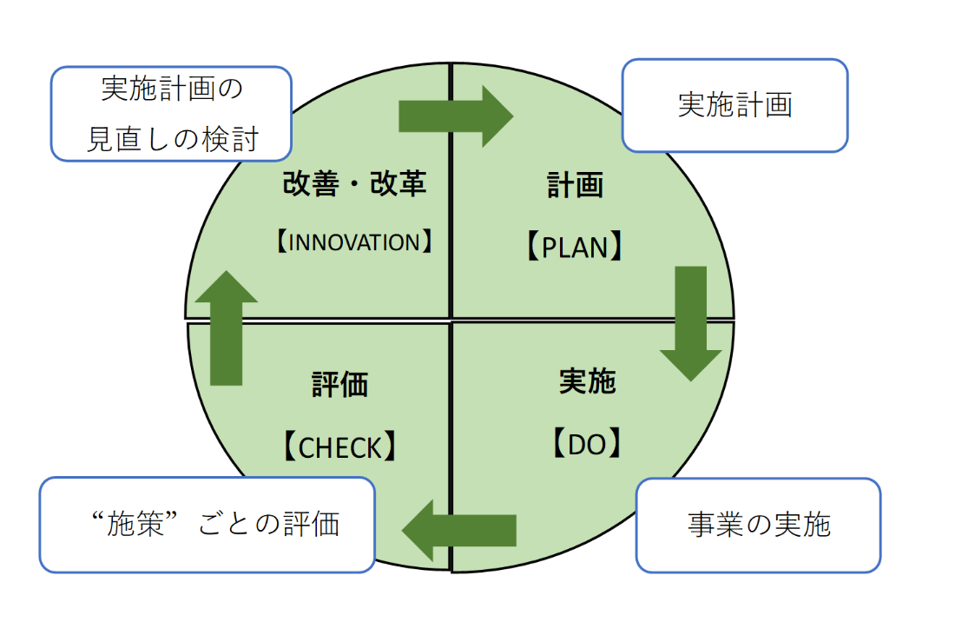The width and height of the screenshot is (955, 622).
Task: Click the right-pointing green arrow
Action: click(456, 116)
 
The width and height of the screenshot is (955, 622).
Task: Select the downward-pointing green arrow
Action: click(691, 323)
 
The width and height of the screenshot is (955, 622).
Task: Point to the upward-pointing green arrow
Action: click(226, 328)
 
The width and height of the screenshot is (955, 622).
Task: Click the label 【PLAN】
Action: click(575, 247)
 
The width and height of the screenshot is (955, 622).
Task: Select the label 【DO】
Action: click(587, 444)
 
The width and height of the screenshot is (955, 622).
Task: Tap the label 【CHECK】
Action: click(339, 447)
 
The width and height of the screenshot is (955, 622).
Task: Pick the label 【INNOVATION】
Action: click(354, 242)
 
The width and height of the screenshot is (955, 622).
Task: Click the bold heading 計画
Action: click(575, 184)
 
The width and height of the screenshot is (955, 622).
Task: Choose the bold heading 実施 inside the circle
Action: click(588, 381)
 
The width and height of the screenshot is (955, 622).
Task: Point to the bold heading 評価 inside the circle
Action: click(339, 385)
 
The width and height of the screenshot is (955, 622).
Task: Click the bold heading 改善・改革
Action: click(354, 183)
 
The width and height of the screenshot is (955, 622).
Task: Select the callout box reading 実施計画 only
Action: click(735, 105)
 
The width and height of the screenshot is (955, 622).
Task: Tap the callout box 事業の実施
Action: click(758, 525)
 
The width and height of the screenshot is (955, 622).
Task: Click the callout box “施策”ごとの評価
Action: click(207, 525)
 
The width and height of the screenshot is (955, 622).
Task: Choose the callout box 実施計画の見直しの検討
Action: click(171, 114)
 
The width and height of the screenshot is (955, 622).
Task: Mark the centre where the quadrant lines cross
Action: click(451, 319)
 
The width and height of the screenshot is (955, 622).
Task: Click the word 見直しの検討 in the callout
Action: click(173, 139)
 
